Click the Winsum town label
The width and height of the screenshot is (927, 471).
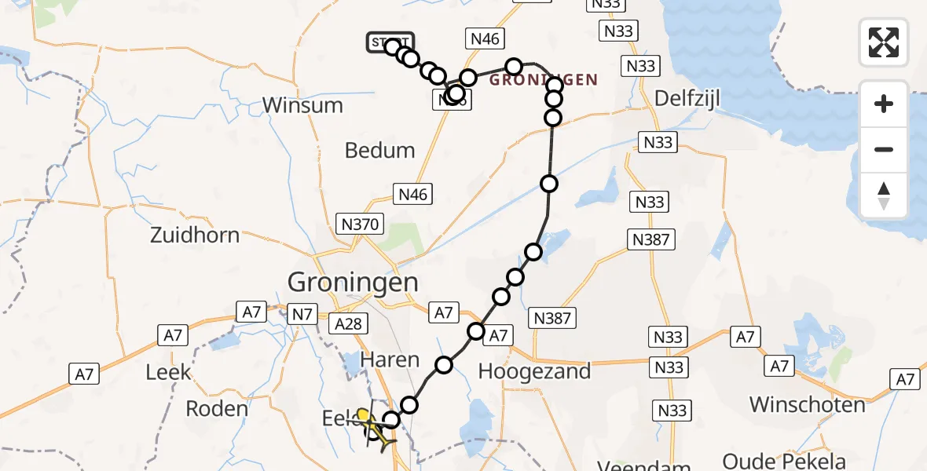click(302, 105)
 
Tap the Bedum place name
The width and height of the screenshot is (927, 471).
click(380, 150)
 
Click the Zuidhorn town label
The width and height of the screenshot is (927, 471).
click(195, 235)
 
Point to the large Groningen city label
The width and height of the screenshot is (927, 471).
click(353, 282)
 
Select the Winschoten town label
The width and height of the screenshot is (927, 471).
click(807, 404)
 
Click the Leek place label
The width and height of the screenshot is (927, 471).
click(168, 371)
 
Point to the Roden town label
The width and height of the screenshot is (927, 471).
click(217, 408)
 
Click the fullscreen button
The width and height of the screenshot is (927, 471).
click(884, 42)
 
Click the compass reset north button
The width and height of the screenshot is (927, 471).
click(884, 195)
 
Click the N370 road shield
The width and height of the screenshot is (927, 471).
click(360, 225)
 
